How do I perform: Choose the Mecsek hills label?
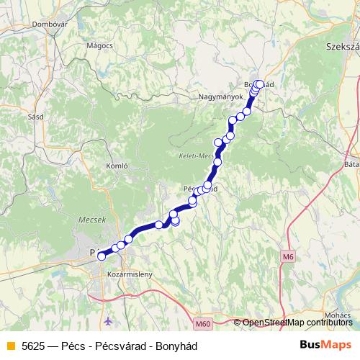(91, 222)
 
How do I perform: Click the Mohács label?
(341, 315)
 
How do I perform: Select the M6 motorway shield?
(288, 256)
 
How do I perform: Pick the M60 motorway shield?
(204, 325)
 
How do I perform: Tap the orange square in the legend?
(10, 346)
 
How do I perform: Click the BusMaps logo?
(325, 345)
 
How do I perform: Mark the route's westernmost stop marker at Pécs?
(102, 254)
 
